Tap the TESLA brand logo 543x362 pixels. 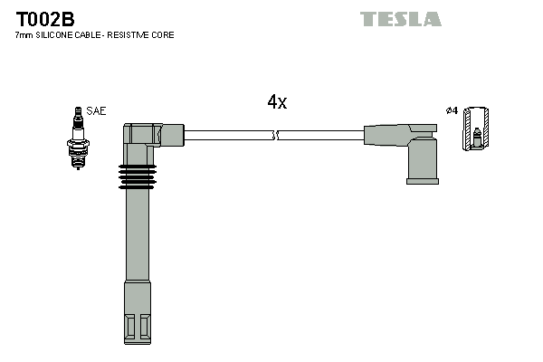(400, 19)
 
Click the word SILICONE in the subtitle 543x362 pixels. (55, 35)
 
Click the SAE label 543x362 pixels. (96, 111)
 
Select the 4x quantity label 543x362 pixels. (277, 102)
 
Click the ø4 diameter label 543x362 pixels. (452, 111)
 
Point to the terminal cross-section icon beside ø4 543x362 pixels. (476, 129)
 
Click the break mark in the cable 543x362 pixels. (276, 136)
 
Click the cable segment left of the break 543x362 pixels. (226, 136)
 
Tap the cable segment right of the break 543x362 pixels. (321, 136)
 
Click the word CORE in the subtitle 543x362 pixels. (164, 35)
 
